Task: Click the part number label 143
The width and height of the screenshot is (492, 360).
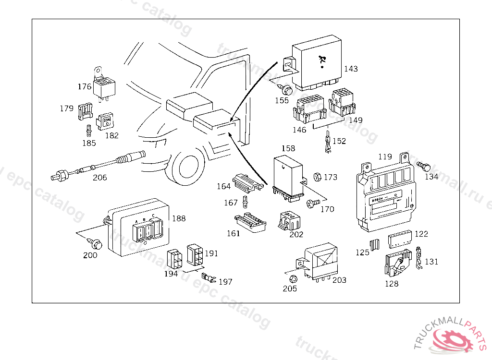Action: point(351,69)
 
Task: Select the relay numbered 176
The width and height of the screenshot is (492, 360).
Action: point(104,88)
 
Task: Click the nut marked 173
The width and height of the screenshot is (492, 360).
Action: point(317,177)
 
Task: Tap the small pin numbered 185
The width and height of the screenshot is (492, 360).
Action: point(89,131)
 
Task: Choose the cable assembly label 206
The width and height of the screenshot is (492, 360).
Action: point(100,177)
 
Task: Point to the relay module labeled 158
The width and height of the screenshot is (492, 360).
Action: point(288,176)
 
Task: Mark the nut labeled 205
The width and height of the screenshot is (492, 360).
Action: point(291,279)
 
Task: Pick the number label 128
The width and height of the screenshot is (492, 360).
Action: point(392,284)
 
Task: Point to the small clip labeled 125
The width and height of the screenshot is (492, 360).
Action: point(376,244)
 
